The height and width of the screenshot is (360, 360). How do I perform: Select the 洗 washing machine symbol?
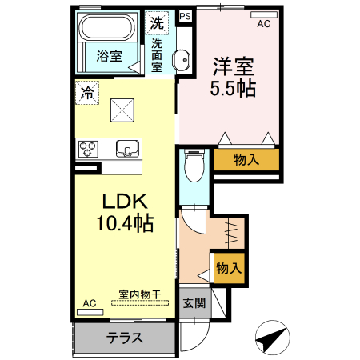(157, 23)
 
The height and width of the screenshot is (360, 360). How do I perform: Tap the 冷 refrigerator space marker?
(86, 93)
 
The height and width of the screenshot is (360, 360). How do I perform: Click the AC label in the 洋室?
(263, 24)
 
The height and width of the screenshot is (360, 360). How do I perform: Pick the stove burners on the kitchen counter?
(88, 148)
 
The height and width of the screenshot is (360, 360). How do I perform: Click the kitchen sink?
(128, 148)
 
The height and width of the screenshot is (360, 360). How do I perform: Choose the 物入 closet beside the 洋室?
(246, 159)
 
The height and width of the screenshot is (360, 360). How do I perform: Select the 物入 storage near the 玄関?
(228, 267)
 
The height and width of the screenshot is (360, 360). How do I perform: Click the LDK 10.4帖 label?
(126, 214)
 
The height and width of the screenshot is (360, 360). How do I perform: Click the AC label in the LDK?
(89, 304)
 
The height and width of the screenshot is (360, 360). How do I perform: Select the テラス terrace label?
(125, 337)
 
